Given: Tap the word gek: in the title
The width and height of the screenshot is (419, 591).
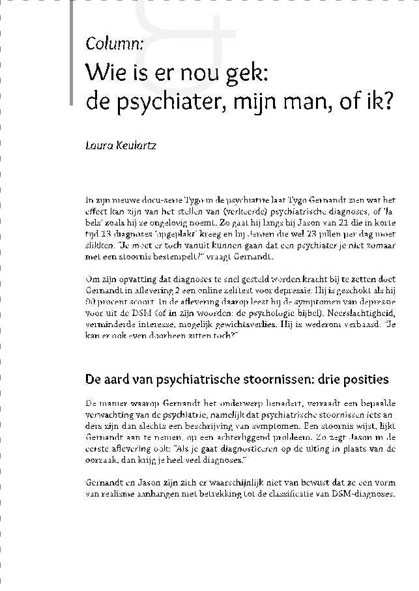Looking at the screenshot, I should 245,72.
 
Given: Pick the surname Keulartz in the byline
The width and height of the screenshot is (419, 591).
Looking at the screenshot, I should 136,145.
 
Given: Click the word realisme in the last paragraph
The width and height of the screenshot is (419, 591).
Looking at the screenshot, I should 106,494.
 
